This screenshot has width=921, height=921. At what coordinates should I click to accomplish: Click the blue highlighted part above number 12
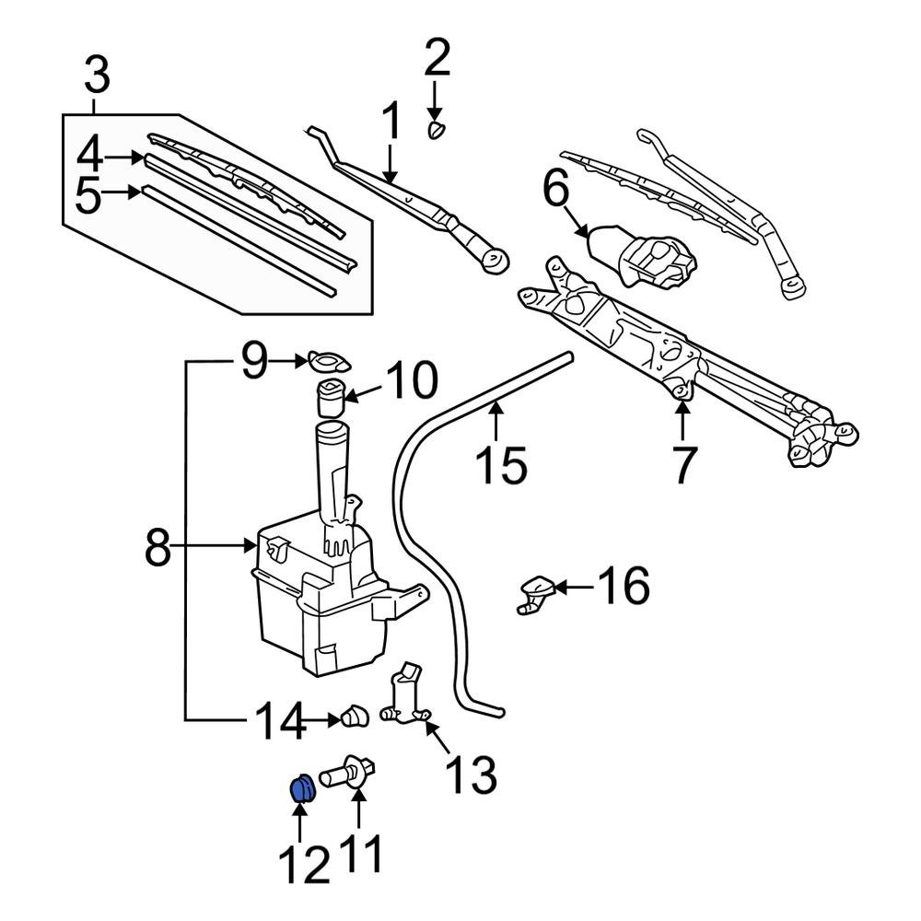(301, 790)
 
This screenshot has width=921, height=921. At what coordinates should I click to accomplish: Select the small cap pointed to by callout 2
(436, 128)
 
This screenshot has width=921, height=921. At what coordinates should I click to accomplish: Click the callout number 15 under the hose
(502, 464)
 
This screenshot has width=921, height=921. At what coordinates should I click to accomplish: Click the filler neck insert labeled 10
(331, 399)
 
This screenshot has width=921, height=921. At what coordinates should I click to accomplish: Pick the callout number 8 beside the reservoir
(158, 550)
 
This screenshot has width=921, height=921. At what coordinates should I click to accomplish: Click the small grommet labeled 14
(354, 717)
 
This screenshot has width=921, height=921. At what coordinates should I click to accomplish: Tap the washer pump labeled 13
(404, 700)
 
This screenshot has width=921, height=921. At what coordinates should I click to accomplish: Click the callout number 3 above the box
(97, 76)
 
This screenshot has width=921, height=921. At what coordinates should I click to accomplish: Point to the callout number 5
(87, 196)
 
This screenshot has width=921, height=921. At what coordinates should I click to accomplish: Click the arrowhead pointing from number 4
(139, 158)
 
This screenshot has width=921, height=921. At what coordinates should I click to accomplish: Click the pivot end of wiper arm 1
(495, 260)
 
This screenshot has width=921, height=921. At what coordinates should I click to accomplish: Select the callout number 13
(472, 776)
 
